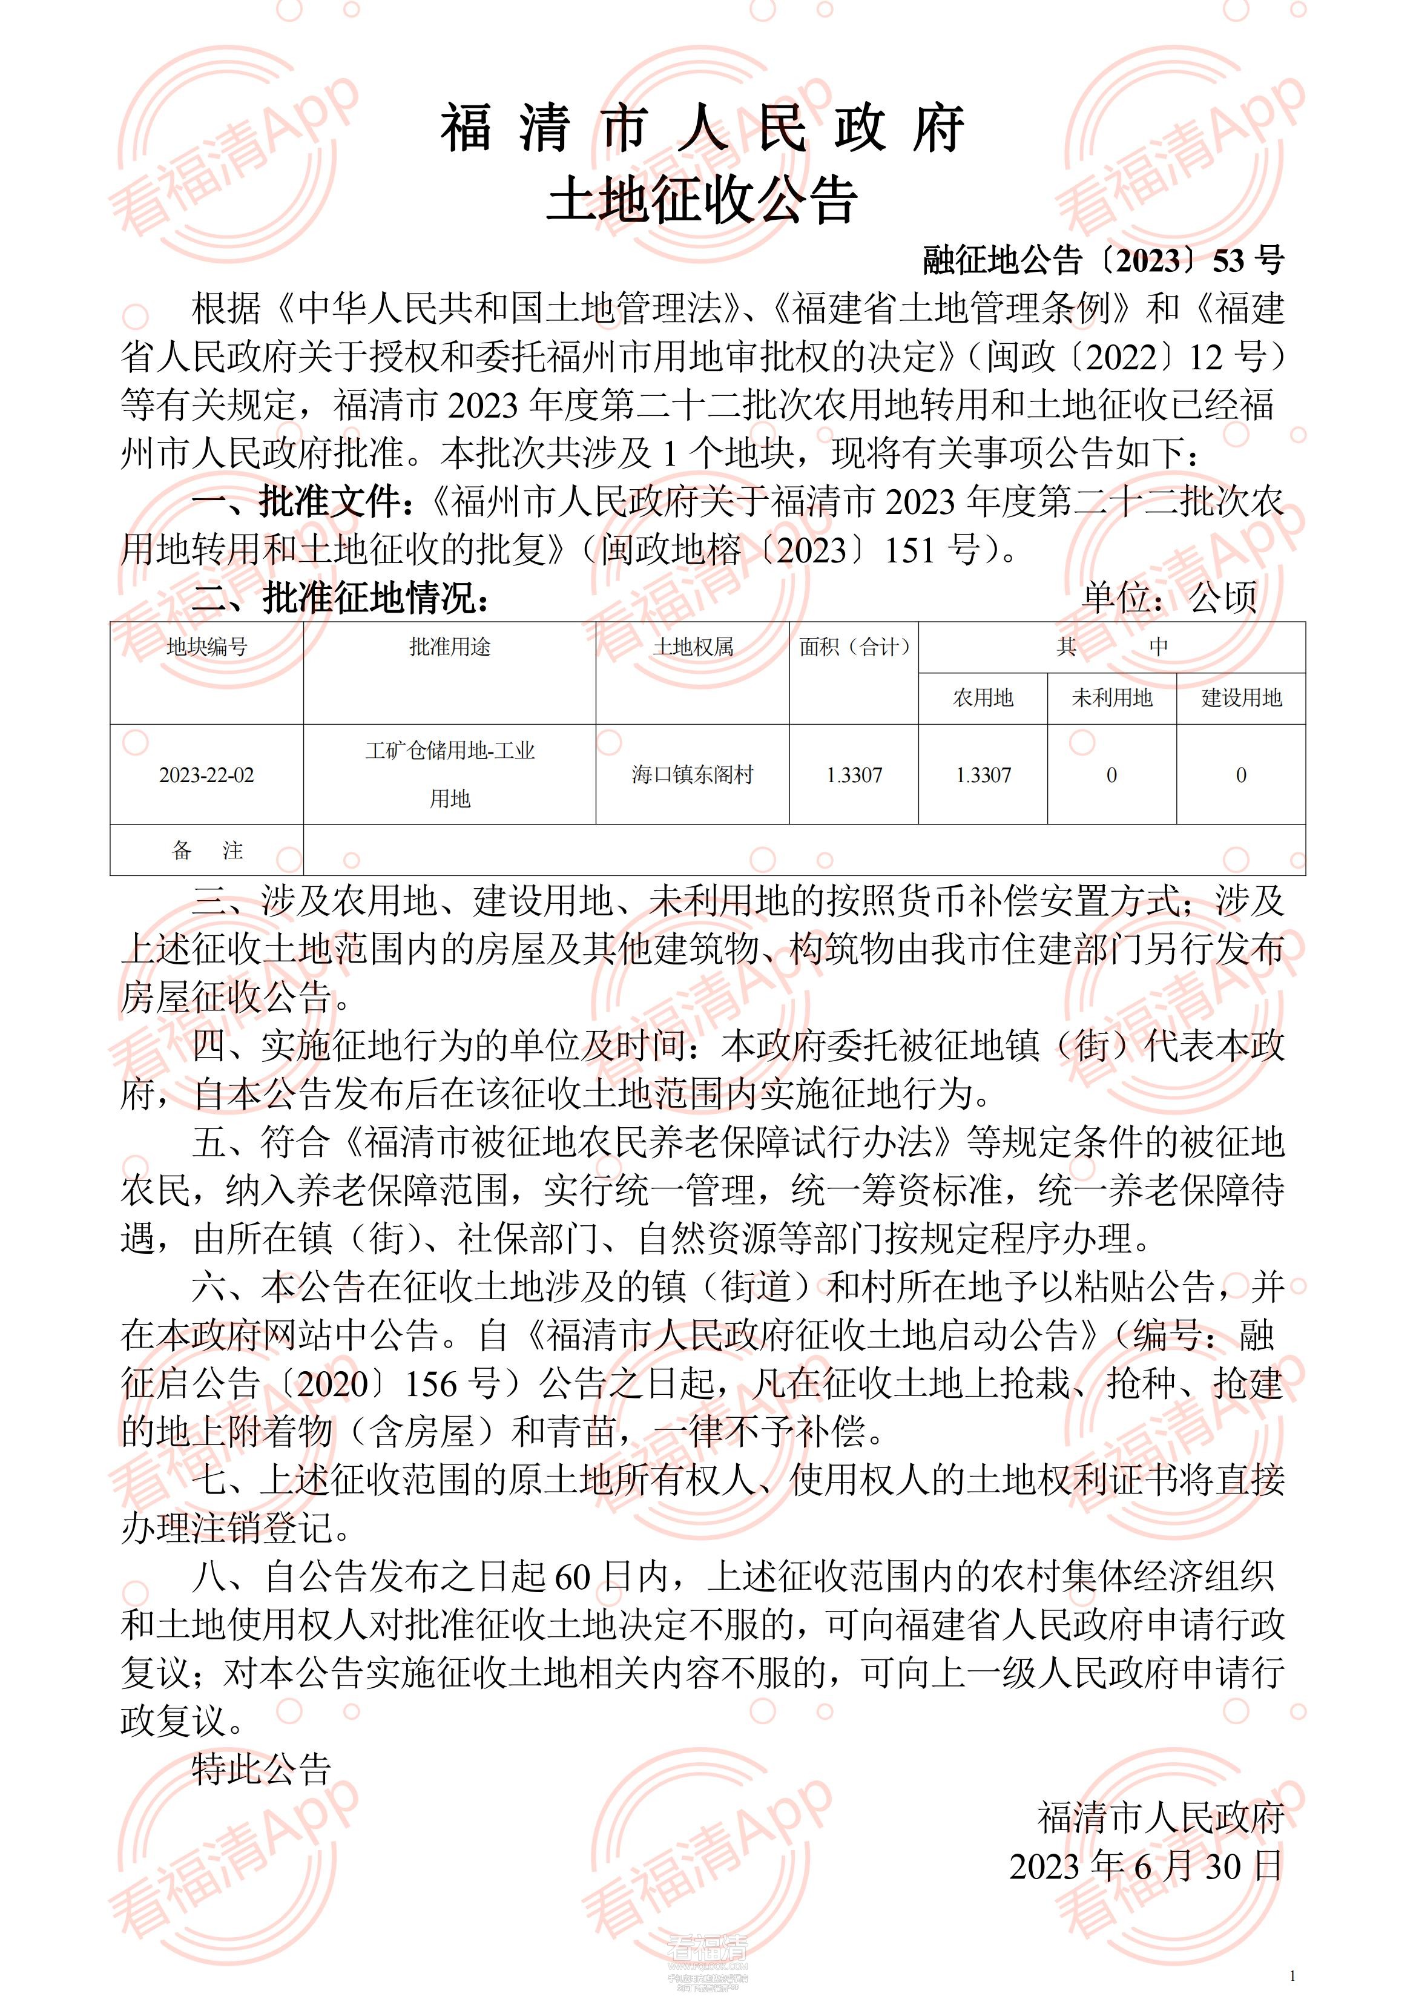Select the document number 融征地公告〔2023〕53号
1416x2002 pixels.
[1103, 260]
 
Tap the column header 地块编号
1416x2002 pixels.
[206, 647]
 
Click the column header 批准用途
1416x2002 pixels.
[450, 647]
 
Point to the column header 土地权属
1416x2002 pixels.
[693, 647]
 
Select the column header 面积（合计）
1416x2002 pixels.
[854, 647]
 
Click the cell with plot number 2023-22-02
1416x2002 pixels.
[206, 775]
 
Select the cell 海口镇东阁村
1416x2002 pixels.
[693, 775]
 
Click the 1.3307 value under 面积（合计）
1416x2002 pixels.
[854, 775]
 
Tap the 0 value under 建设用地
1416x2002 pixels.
[1241, 775]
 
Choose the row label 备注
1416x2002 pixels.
[206, 850]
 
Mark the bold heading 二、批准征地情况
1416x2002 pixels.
[340, 598]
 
